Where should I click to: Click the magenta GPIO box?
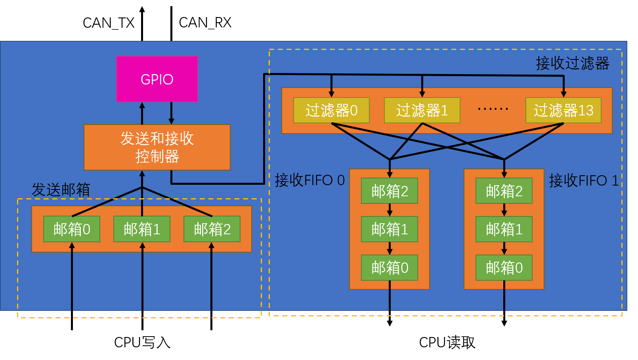(157, 79)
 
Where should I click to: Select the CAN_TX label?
(109, 23)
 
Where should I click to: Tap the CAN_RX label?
(205, 23)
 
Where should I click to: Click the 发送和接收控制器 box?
(157, 147)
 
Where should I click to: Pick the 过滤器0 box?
(331, 110)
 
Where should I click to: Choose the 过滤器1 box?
(422, 110)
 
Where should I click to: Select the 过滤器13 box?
(564, 110)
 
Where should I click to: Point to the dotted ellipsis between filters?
(493, 109)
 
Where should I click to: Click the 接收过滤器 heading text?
(573, 63)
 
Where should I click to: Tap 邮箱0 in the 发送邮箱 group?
(72, 229)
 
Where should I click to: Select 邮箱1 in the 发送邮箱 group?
(142, 229)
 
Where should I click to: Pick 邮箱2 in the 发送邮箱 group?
(212, 229)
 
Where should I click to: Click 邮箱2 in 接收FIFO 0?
(390, 191)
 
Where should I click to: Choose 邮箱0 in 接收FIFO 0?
(390, 268)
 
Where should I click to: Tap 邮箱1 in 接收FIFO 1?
(504, 229)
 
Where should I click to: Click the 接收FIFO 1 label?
(584, 180)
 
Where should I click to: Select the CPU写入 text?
(142, 342)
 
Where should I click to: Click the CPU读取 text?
(447, 342)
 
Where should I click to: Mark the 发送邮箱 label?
(61, 190)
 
